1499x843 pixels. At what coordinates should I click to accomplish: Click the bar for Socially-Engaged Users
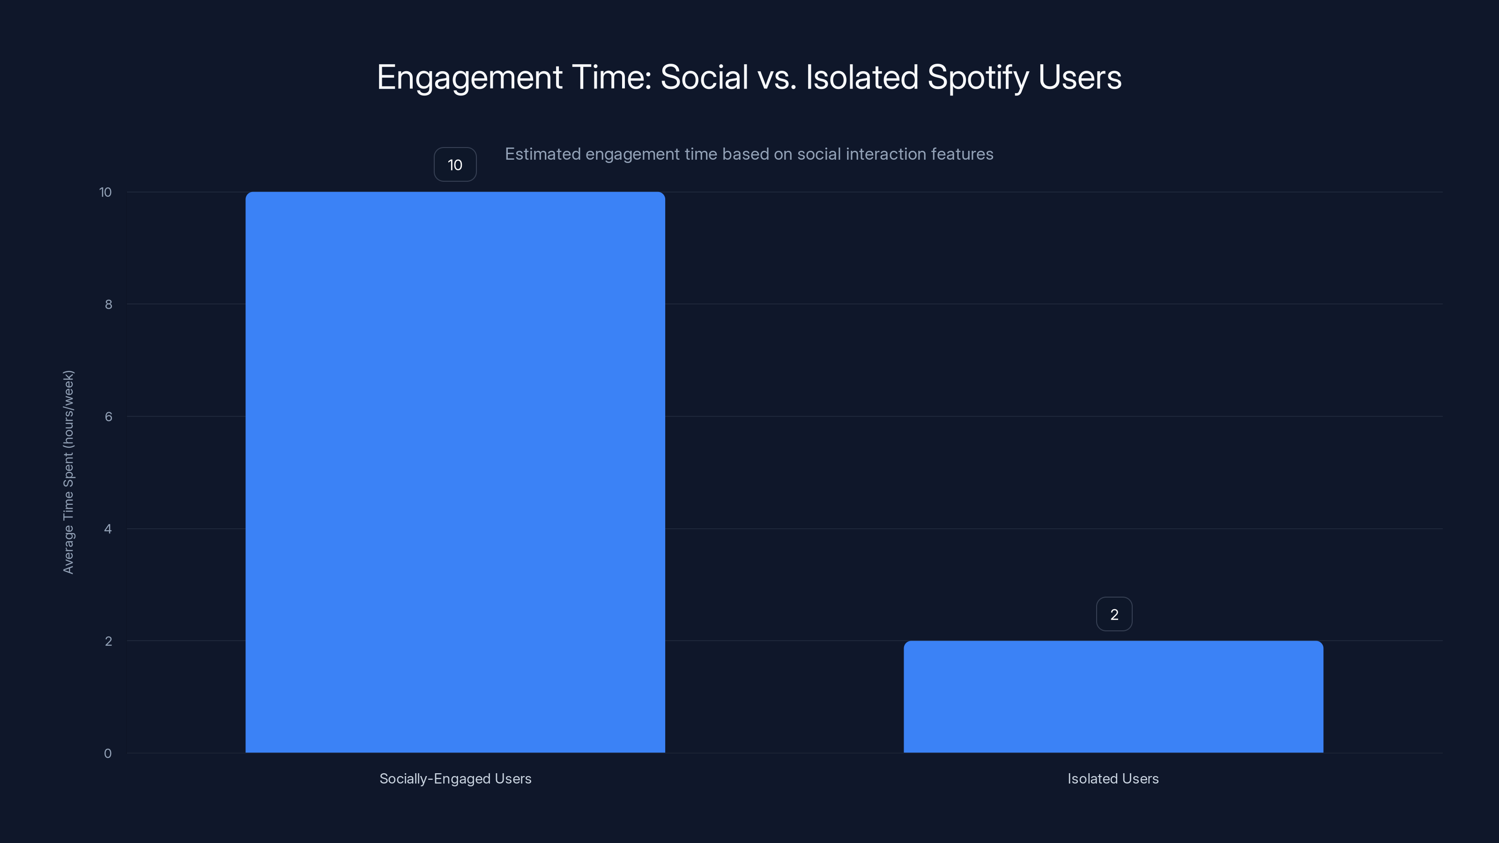pyautogui.click(x=455, y=472)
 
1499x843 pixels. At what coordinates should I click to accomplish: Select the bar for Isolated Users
pyautogui.click(x=1113, y=696)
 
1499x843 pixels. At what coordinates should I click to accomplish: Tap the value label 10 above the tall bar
pyautogui.click(x=455, y=165)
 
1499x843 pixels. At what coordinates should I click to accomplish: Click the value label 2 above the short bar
pyautogui.click(x=1114, y=614)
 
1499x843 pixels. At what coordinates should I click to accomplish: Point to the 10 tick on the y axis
pyautogui.click(x=105, y=192)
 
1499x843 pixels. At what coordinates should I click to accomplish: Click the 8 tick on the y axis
pyautogui.click(x=108, y=304)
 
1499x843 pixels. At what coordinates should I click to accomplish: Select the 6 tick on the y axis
pyautogui.click(x=108, y=416)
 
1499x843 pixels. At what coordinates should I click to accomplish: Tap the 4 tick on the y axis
pyautogui.click(x=108, y=529)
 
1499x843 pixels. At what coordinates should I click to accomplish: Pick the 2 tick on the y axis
pyautogui.click(x=108, y=641)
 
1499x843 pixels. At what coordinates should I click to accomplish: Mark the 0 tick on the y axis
pyautogui.click(x=108, y=754)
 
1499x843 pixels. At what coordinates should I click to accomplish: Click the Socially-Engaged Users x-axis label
pyautogui.click(x=455, y=778)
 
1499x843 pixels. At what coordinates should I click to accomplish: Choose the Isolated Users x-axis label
pyautogui.click(x=1113, y=778)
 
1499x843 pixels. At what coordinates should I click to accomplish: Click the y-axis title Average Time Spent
pyautogui.click(x=69, y=472)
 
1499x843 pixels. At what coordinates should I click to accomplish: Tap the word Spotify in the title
pyautogui.click(x=978, y=77)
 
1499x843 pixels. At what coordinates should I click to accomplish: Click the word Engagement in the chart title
pyautogui.click(x=469, y=77)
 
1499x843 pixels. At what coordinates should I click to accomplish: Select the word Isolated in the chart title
pyautogui.click(x=862, y=77)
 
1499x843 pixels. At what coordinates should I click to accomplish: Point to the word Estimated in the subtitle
pyautogui.click(x=542, y=154)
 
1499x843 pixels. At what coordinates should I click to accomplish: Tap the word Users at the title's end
pyautogui.click(x=1079, y=77)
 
